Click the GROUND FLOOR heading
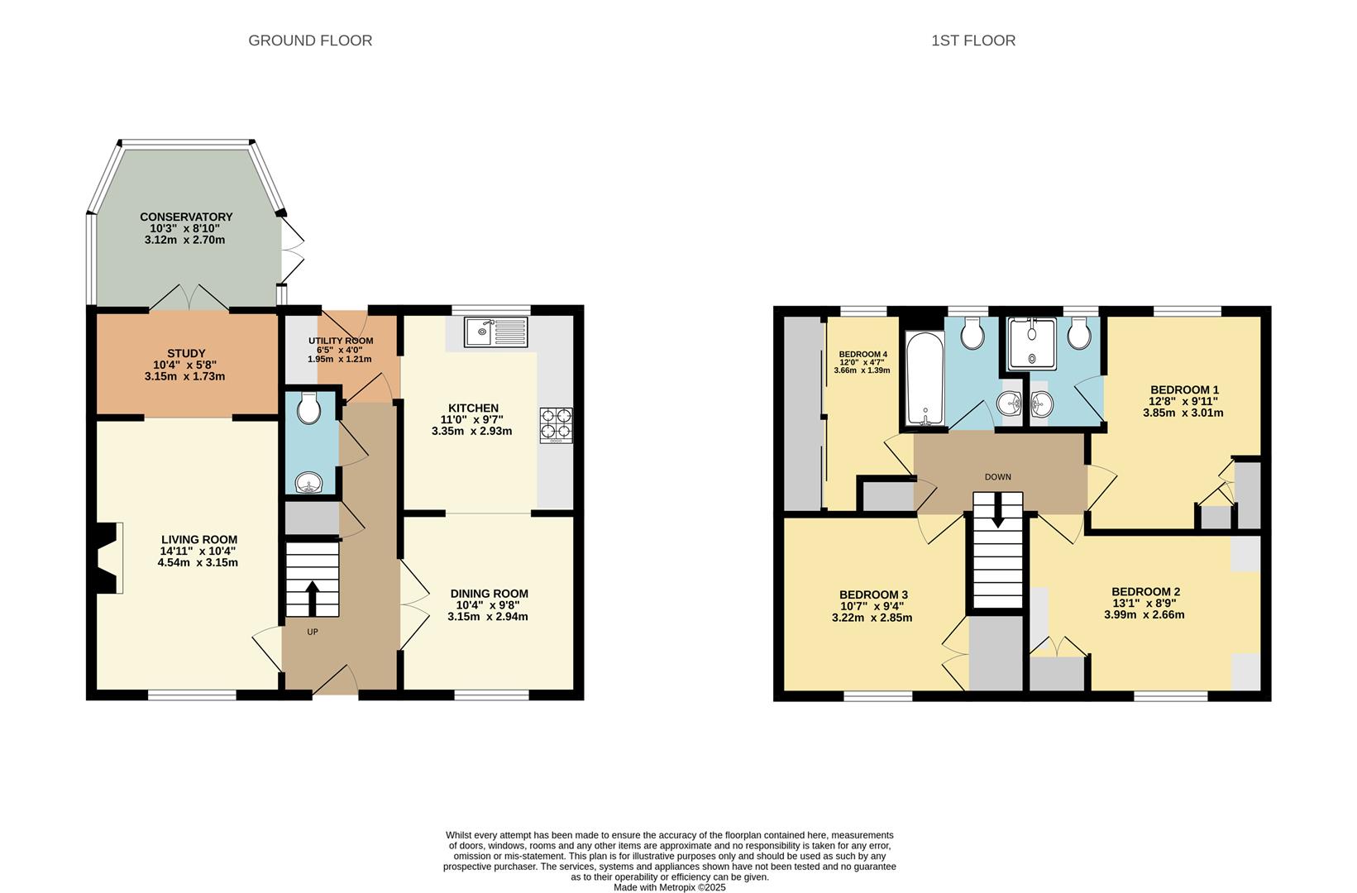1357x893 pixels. (x=310, y=41)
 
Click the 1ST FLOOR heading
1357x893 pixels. (x=973, y=41)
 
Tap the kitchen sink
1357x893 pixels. (x=495, y=332)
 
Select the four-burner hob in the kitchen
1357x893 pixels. (x=556, y=425)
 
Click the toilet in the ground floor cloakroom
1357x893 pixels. (x=310, y=408)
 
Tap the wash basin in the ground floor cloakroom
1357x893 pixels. (x=310, y=482)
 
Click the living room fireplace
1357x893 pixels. (x=108, y=558)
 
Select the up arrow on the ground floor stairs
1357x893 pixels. (x=313, y=596)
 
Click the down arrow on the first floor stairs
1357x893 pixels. (x=998, y=510)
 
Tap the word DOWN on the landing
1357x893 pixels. (x=998, y=477)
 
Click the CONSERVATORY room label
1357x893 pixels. (x=186, y=217)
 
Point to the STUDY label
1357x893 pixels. (x=185, y=353)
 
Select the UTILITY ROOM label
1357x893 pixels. (x=341, y=341)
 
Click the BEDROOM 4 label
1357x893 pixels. (x=862, y=353)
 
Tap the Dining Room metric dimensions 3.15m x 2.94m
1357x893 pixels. (x=488, y=617)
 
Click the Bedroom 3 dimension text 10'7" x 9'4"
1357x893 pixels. (x=874, y=606)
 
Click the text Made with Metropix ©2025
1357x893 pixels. (x=669, y=887)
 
